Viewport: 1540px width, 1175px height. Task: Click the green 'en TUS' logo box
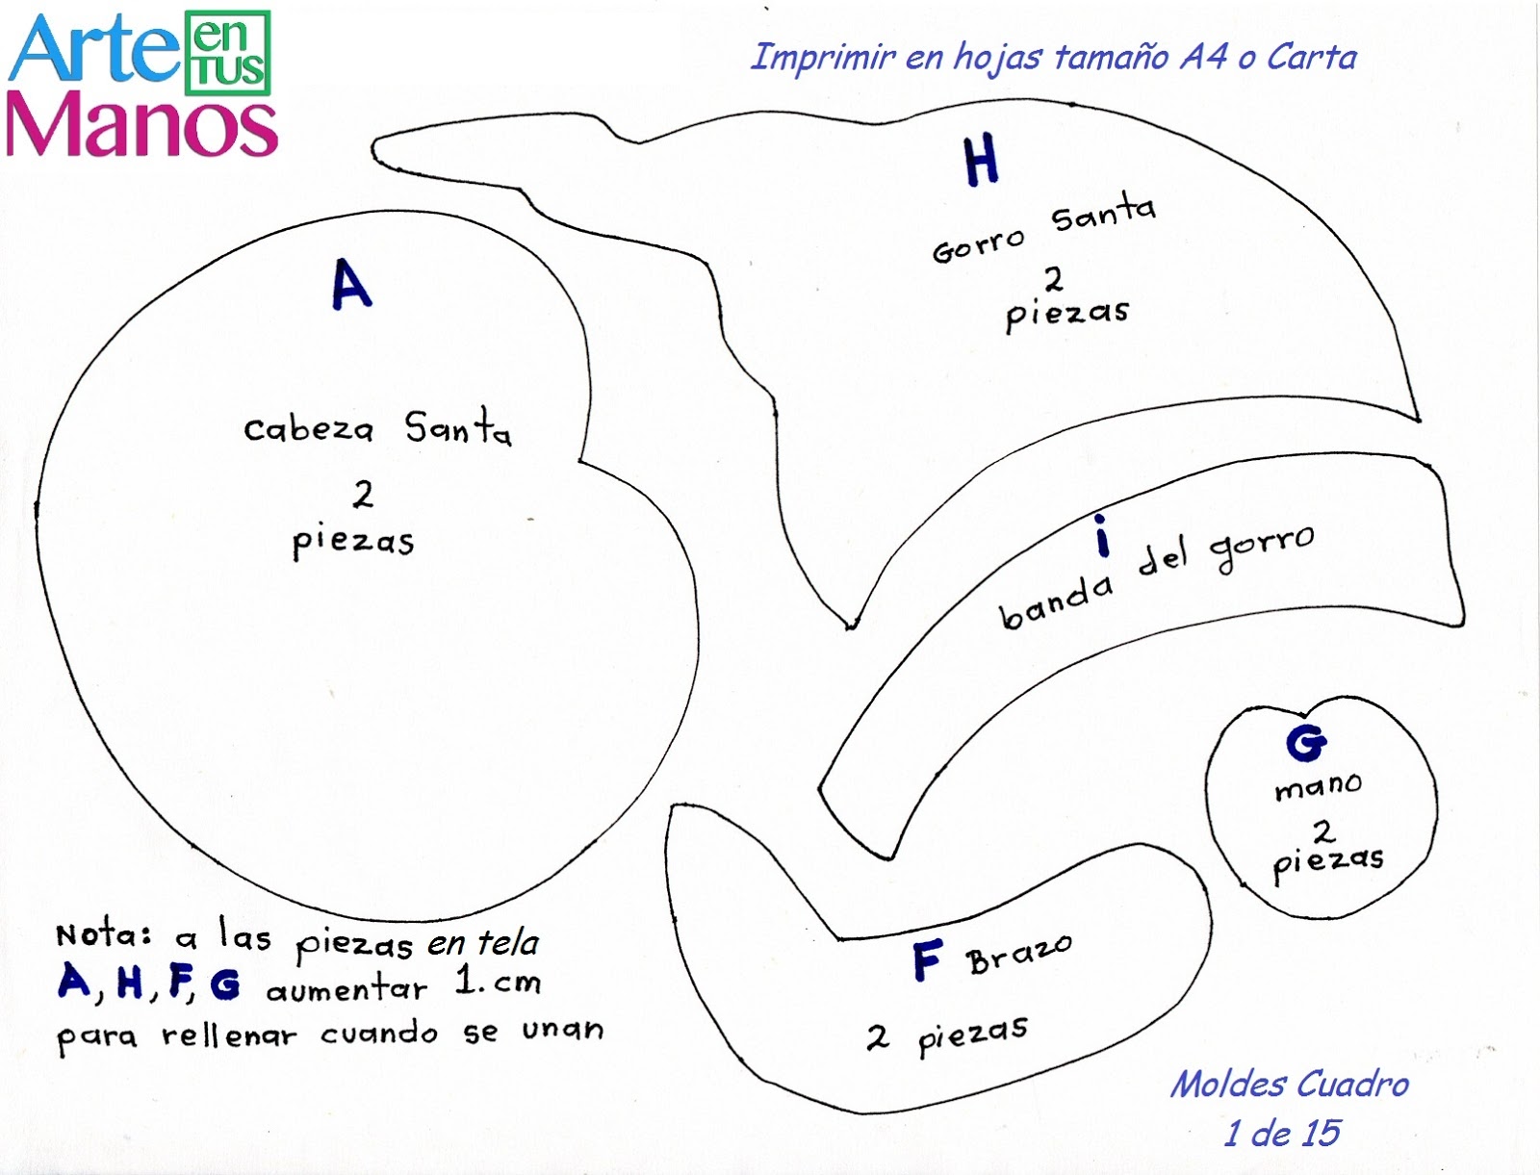(x=227, y=53)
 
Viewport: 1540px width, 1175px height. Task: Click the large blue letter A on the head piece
(x=351, y=284)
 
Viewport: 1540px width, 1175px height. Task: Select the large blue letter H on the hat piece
(x=981, y=161)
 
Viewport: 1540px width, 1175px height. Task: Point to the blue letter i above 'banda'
(x=1102, y=537)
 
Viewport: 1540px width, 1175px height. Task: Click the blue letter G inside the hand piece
(x=1306, y=742)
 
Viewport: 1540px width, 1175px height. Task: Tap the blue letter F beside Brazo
(x=927, y=960)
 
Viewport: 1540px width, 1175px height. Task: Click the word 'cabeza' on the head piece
(x=308, y=428)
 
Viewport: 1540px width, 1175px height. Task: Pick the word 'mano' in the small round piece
(x=1318, y=786)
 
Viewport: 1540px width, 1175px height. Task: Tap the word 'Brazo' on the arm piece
(x=1019, y=954)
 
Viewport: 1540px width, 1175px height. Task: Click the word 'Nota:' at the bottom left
(x=104, y=934)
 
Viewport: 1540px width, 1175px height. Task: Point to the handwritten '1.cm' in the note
(x=498, y=982)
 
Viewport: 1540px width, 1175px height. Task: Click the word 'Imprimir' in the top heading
(x=823, y=58)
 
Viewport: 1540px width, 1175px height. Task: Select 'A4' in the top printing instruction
(x=1204, y=57)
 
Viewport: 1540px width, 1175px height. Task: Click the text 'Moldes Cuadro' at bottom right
(x=1289, y=1085)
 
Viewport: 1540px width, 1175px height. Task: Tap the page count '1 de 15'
(x=1281, y=1134)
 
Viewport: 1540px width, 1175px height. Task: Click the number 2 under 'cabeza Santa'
(x=363, y=495)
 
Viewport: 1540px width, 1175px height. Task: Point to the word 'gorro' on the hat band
(x=1262, y=548)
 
